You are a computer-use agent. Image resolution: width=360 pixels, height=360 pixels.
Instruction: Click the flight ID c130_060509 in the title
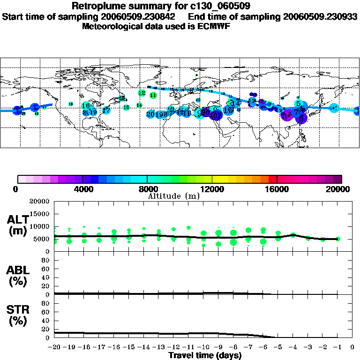click(x=210, y=6)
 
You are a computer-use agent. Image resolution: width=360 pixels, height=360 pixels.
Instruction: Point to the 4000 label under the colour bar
click(x=82, y=189)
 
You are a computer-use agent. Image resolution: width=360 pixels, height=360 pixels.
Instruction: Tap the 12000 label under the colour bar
click(x=212, y=189)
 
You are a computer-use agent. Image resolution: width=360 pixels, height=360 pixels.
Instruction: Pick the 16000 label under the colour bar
click(x=277, y=189)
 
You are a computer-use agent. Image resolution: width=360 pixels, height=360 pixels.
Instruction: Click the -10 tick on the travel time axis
click(x=204, y=348)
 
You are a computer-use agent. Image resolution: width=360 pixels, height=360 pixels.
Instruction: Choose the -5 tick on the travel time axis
click(x=278, y=348)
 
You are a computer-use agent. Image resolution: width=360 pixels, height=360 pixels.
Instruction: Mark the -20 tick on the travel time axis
click(x=55, y=348)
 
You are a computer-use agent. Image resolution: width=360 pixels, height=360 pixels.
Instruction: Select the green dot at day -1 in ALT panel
click(x=338, y=239)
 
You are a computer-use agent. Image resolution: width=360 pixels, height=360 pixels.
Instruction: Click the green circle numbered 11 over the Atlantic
click(x=153, y=95)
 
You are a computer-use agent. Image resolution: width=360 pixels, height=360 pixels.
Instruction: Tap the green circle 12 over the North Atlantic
click(x=142, y=93)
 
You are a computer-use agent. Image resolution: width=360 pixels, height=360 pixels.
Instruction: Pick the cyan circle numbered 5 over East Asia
click(x=299, y=104)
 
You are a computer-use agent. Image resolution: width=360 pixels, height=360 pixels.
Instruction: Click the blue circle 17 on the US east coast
click(x=106, y=111)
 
